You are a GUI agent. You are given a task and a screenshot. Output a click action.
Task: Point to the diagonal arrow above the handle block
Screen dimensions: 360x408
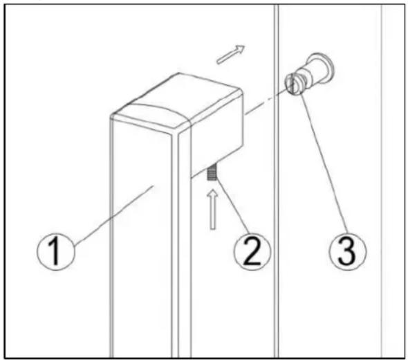tap(231, 54)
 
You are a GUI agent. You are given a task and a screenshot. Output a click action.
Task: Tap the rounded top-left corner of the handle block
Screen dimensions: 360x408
tap(121, 111)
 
